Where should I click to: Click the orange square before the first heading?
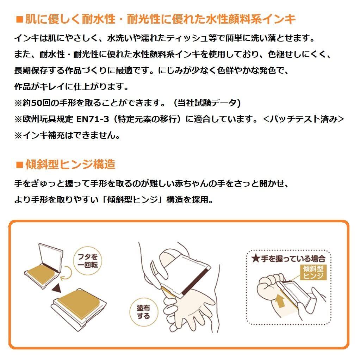tap(19, 19)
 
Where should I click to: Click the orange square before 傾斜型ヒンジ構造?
tap(19, 165)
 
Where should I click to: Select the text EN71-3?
tap(93, 119)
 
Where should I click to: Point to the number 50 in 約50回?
tap(37, 103)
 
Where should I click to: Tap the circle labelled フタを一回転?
tap(87, 261)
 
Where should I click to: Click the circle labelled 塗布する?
tap(143, 312)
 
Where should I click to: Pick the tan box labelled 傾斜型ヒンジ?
tap(313, 272)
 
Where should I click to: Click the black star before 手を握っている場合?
tap(255, 259)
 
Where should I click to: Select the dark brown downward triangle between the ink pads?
tap(57, 288)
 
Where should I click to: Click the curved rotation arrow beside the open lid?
tap(67, 273)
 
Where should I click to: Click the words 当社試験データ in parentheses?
tap(207, 103)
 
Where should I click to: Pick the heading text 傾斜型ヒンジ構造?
tap(70, 165)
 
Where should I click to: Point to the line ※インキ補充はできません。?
tap(67, 136)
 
